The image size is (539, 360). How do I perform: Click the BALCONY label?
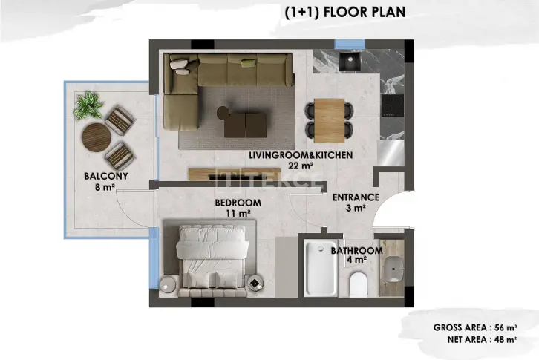106,176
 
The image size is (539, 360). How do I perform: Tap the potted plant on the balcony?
88,105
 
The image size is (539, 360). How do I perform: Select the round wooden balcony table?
97,137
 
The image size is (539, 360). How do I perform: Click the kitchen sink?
350,61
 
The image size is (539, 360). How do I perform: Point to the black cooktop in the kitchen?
392,105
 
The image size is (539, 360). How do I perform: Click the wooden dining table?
330,121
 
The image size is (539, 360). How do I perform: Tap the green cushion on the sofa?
248,62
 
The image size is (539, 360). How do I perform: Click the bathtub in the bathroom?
321,269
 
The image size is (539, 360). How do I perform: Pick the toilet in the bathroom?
359,284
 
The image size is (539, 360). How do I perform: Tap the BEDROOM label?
238,203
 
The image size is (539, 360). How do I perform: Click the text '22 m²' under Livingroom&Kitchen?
301,166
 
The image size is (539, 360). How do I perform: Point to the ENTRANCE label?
356,197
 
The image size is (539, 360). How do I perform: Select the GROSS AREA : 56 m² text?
475,327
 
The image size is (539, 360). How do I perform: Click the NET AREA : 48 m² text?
482,340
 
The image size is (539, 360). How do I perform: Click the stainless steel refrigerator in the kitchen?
391,153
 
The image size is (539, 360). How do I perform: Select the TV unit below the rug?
235,174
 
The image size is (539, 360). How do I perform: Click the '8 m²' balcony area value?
105,187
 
